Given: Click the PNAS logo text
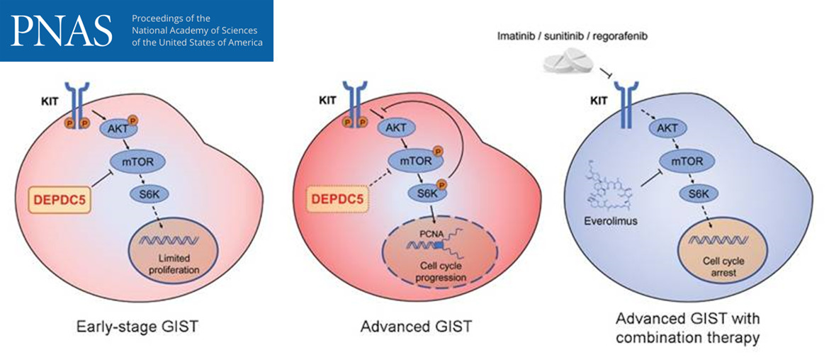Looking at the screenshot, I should (62, 30).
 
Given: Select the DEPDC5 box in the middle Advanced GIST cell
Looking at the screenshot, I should (337, 201).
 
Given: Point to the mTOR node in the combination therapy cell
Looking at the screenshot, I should (685, 162).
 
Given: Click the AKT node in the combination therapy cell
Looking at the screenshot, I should (667, 129).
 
